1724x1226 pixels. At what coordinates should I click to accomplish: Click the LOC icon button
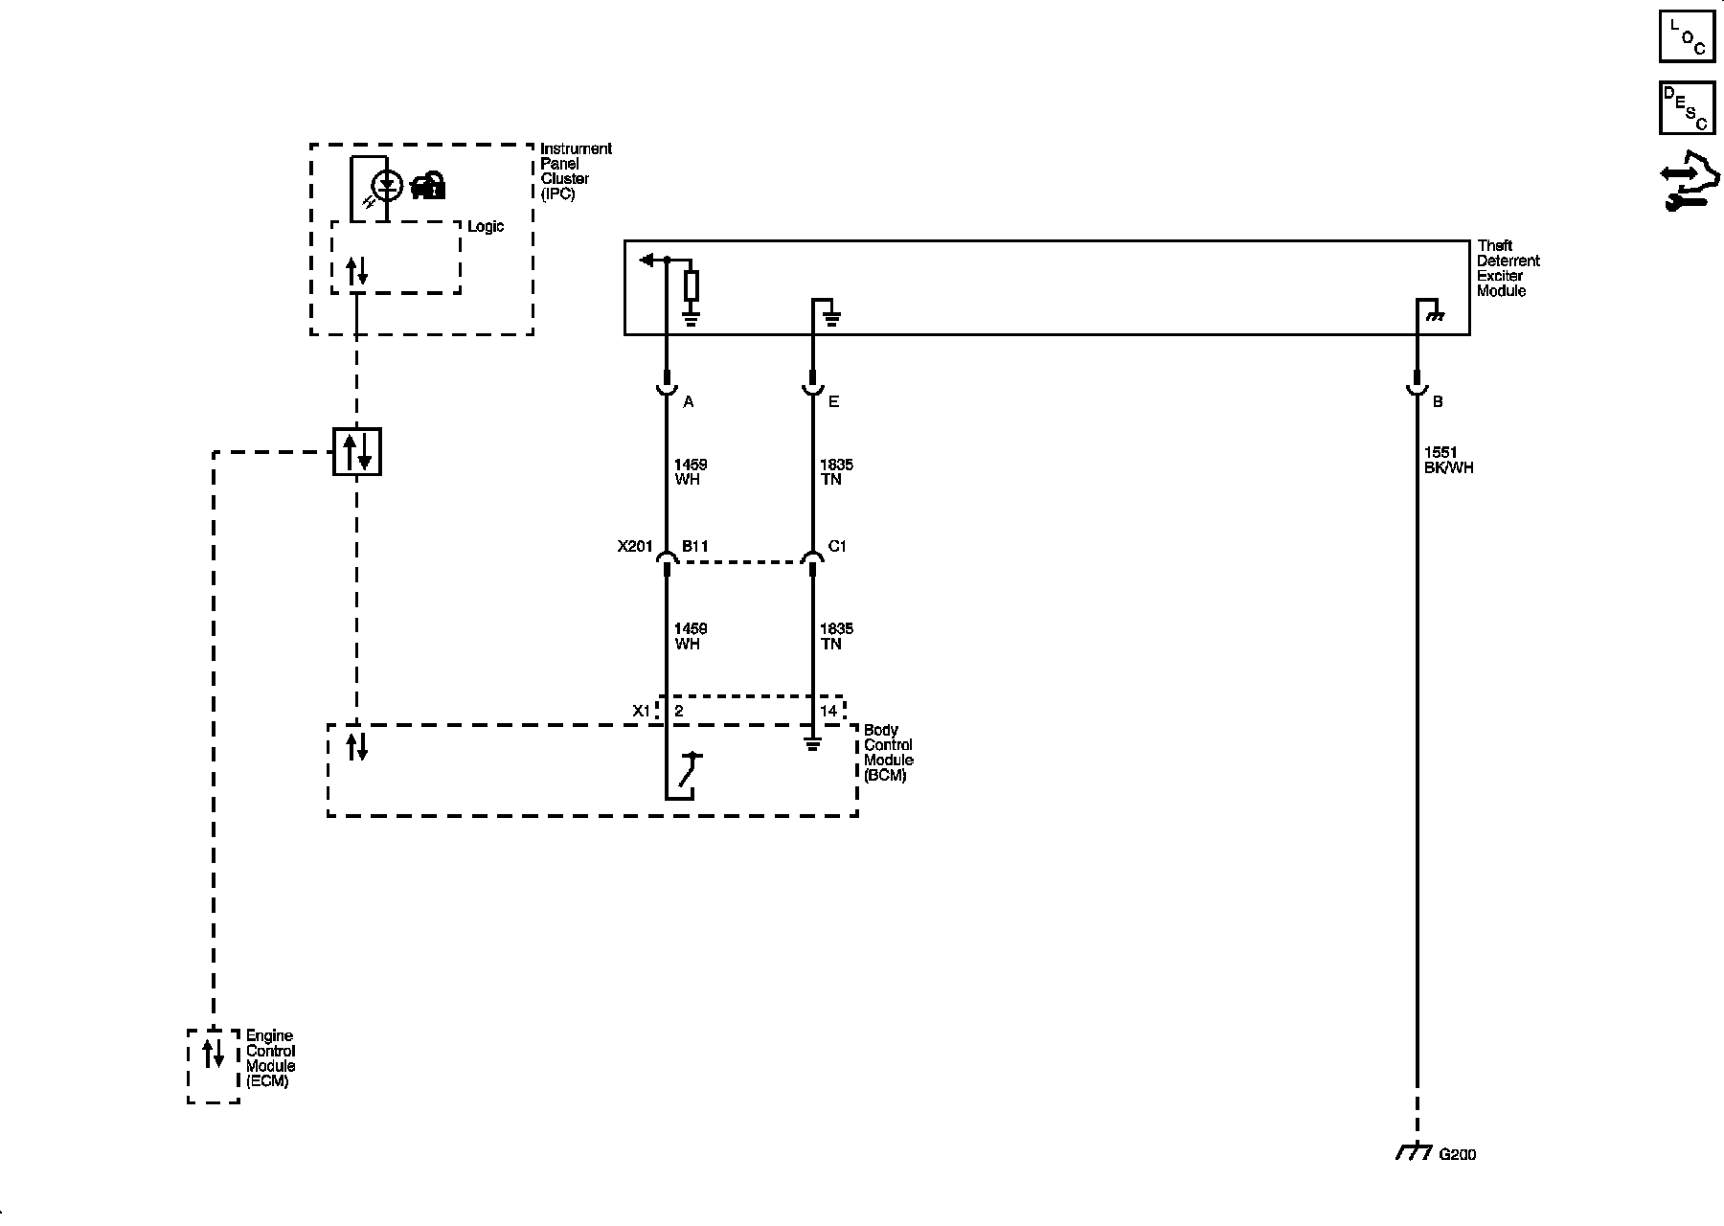pyautogui.click(x=1687, y=35)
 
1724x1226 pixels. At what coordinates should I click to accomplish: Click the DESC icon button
pyautogui.click(x=1687, y=107)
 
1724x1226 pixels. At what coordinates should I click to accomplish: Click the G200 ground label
pyautogui.click(x=1457, y=1155)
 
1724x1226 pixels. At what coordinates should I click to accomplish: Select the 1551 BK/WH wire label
pyautogui.click(x=1447, y=460)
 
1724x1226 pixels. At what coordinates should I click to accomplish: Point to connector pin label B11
pyautogui.click(x=694, y=547)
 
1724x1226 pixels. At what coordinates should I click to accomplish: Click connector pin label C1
pyautogui.click(x=836, y=547)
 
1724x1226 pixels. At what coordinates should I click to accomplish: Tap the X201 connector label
pyautogui.click(x=634, y=547)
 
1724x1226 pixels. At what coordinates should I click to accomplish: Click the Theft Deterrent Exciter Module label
pyautogui.click(x=1508, y=268)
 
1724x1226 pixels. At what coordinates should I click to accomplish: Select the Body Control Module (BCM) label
pyautogui.click(x=888, y=752)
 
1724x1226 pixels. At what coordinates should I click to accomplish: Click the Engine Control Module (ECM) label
pyautogui.click(x=270, y=1058)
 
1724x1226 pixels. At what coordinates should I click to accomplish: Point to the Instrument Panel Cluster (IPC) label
pyautogui.click(x=575, y=170)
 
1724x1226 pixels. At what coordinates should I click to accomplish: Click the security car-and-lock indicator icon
pyautogui.click(x=428, y=185)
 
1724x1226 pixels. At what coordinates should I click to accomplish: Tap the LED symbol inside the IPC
pyautogui.click(x=387, y=185)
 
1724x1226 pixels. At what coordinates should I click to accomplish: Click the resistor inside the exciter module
pyautogui.click(x=691, y=286)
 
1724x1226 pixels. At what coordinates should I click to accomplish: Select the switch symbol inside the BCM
pyautogui.click(x=689, y=772)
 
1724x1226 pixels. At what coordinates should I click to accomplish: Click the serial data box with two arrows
pyautogui.click(x=357, y=451)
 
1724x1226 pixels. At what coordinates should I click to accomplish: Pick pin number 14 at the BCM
pyautogui.click(x=828, y=711)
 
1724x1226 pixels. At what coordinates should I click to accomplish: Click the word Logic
pyautogui.click(x=486, y=227)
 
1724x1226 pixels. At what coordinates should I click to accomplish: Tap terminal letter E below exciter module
pyautogui.click(x=833, y=402)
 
